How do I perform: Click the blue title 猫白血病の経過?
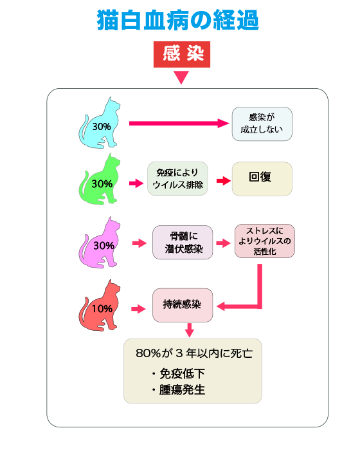(x=177, y=20)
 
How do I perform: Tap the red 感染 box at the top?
(x=182, y=54)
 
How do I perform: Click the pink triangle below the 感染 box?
(x=181, y=77)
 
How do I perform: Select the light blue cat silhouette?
(x=100, y=123)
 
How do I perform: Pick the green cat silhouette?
(x=100, y=180)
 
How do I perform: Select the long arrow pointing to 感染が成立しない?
(x=179, y=124)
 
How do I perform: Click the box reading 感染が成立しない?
(x=262, y=124)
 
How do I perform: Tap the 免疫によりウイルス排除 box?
(x=177, y=178)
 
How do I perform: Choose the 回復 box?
(x=262, y=179)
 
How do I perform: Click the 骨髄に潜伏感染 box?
(x=183, y=242)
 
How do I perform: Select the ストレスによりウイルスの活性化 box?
(x=265, y=241)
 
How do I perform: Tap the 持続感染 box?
(x=183, y=305)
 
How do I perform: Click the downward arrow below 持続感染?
(x=190, y=330)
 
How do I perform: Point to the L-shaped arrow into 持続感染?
(x=260, y=306)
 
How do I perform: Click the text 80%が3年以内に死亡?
(x=194, y=353)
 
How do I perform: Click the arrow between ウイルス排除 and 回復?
(x=224, y=181)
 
